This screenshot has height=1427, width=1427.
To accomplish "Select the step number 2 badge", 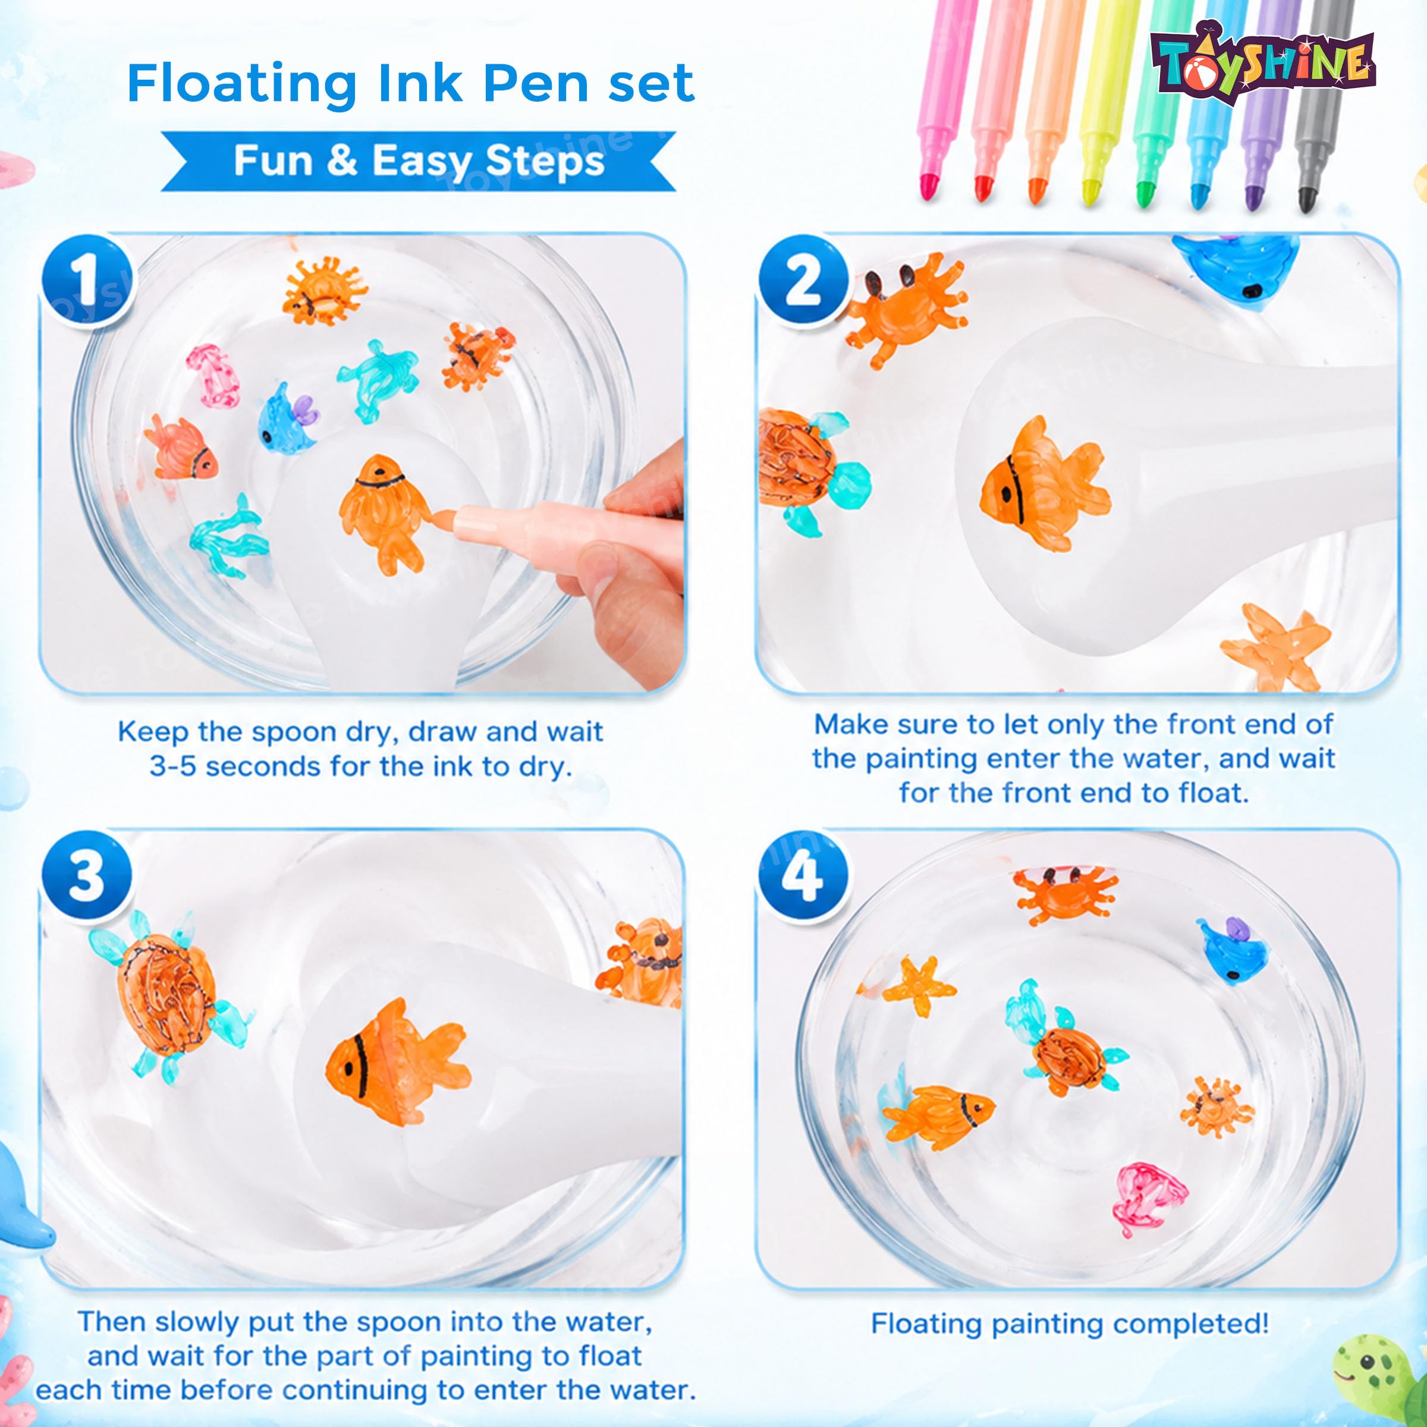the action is click(x=804, y=281).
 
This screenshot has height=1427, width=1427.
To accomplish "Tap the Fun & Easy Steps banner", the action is click(x=418, y=161).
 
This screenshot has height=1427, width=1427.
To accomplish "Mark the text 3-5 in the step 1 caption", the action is click(x=174, y=766).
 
